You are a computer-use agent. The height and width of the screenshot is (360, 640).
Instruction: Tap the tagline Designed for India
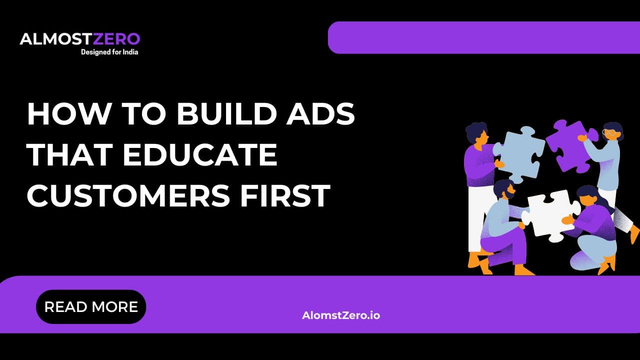109,51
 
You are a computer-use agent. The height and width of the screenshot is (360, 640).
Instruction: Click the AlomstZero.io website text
341,315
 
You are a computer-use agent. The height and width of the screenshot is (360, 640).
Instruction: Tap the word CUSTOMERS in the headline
126,195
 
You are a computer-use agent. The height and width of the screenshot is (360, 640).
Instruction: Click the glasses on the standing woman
608,133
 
